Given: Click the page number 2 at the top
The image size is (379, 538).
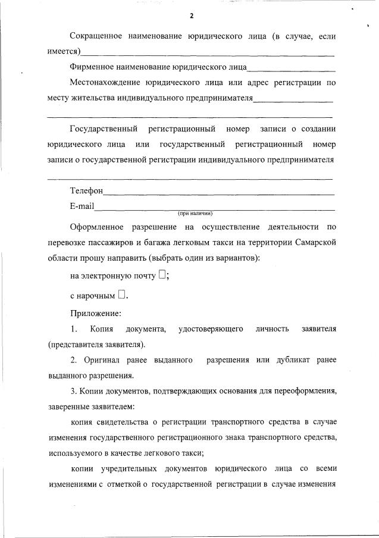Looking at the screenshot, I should (x=192, y=16).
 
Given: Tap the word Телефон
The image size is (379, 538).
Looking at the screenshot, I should (x=86, y=192).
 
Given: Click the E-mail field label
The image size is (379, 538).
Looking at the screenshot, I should (x=82, y=207).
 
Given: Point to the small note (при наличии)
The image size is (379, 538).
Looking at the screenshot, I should (x=195, y=213).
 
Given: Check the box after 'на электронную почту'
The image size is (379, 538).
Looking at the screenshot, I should (x=162, y=275).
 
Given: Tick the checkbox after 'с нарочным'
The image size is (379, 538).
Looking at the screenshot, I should (x=121, y=293).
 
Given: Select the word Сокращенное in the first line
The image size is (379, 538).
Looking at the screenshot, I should (x=96, y=37).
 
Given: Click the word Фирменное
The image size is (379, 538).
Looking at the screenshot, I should (x=93, y=67).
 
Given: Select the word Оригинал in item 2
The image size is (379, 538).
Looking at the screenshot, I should (x=99, y=360).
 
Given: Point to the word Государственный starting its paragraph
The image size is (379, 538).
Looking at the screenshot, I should (x=104, y=129).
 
